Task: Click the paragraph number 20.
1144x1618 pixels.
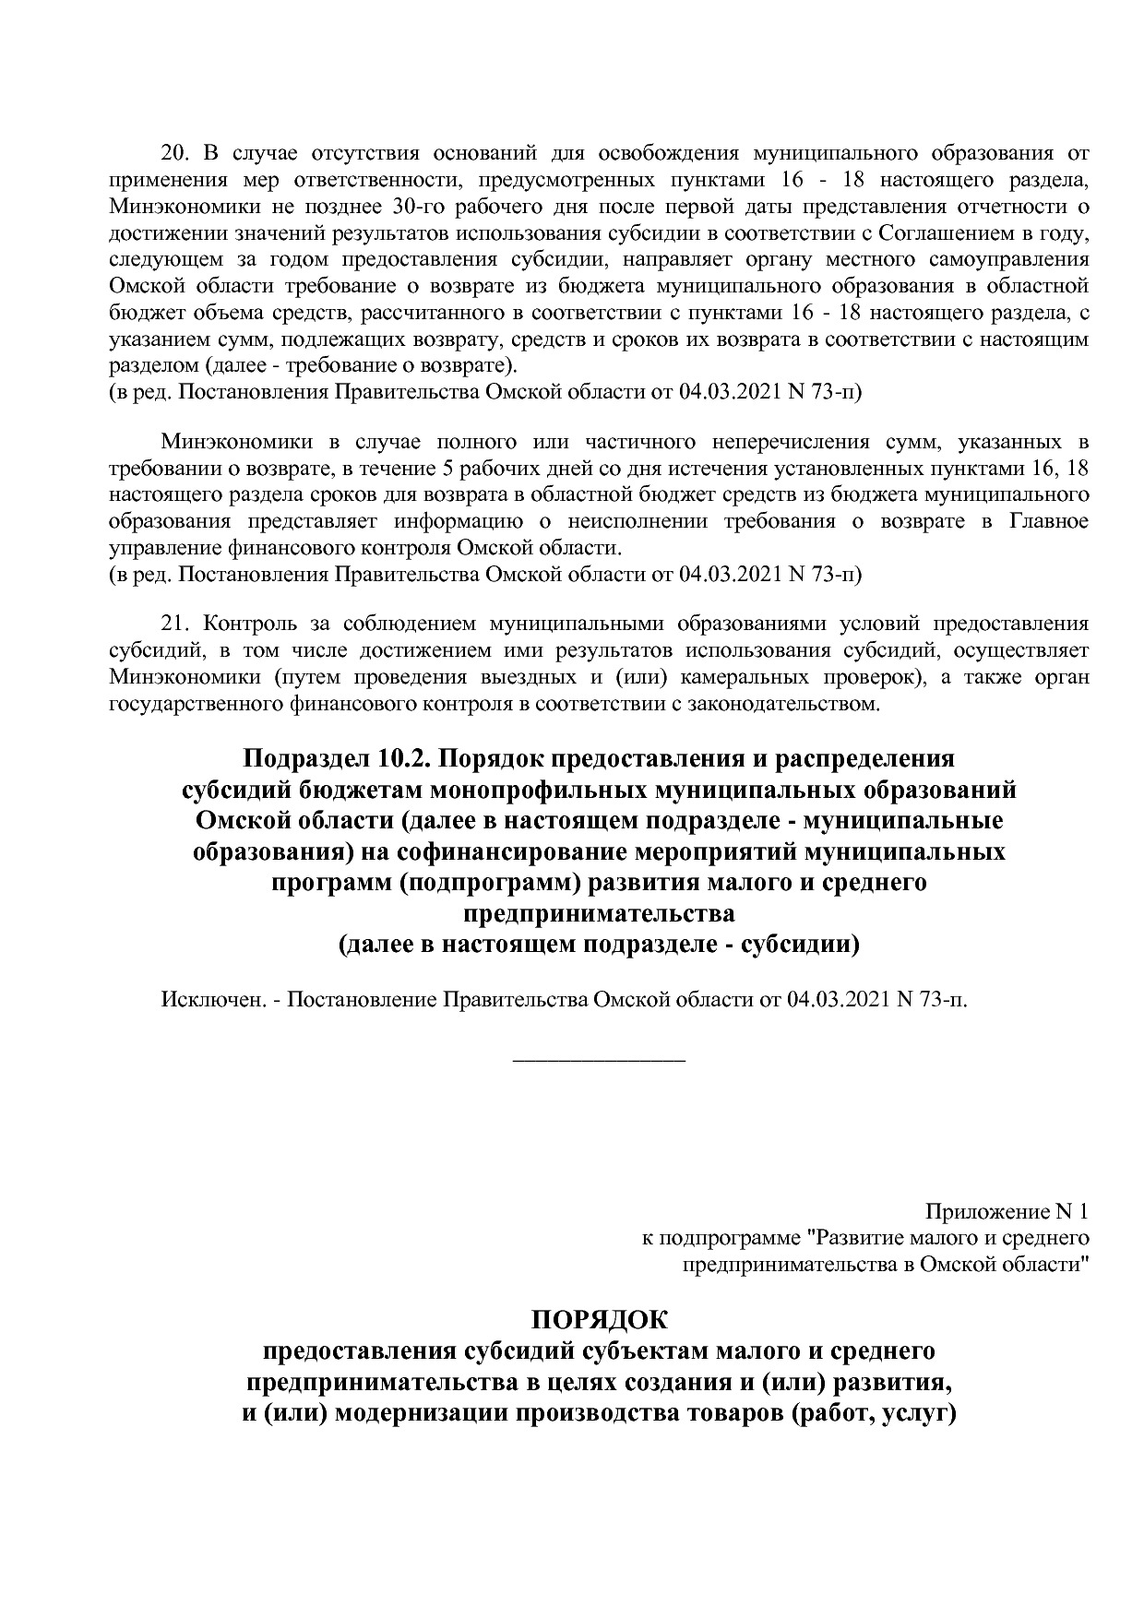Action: coord(174,152)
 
